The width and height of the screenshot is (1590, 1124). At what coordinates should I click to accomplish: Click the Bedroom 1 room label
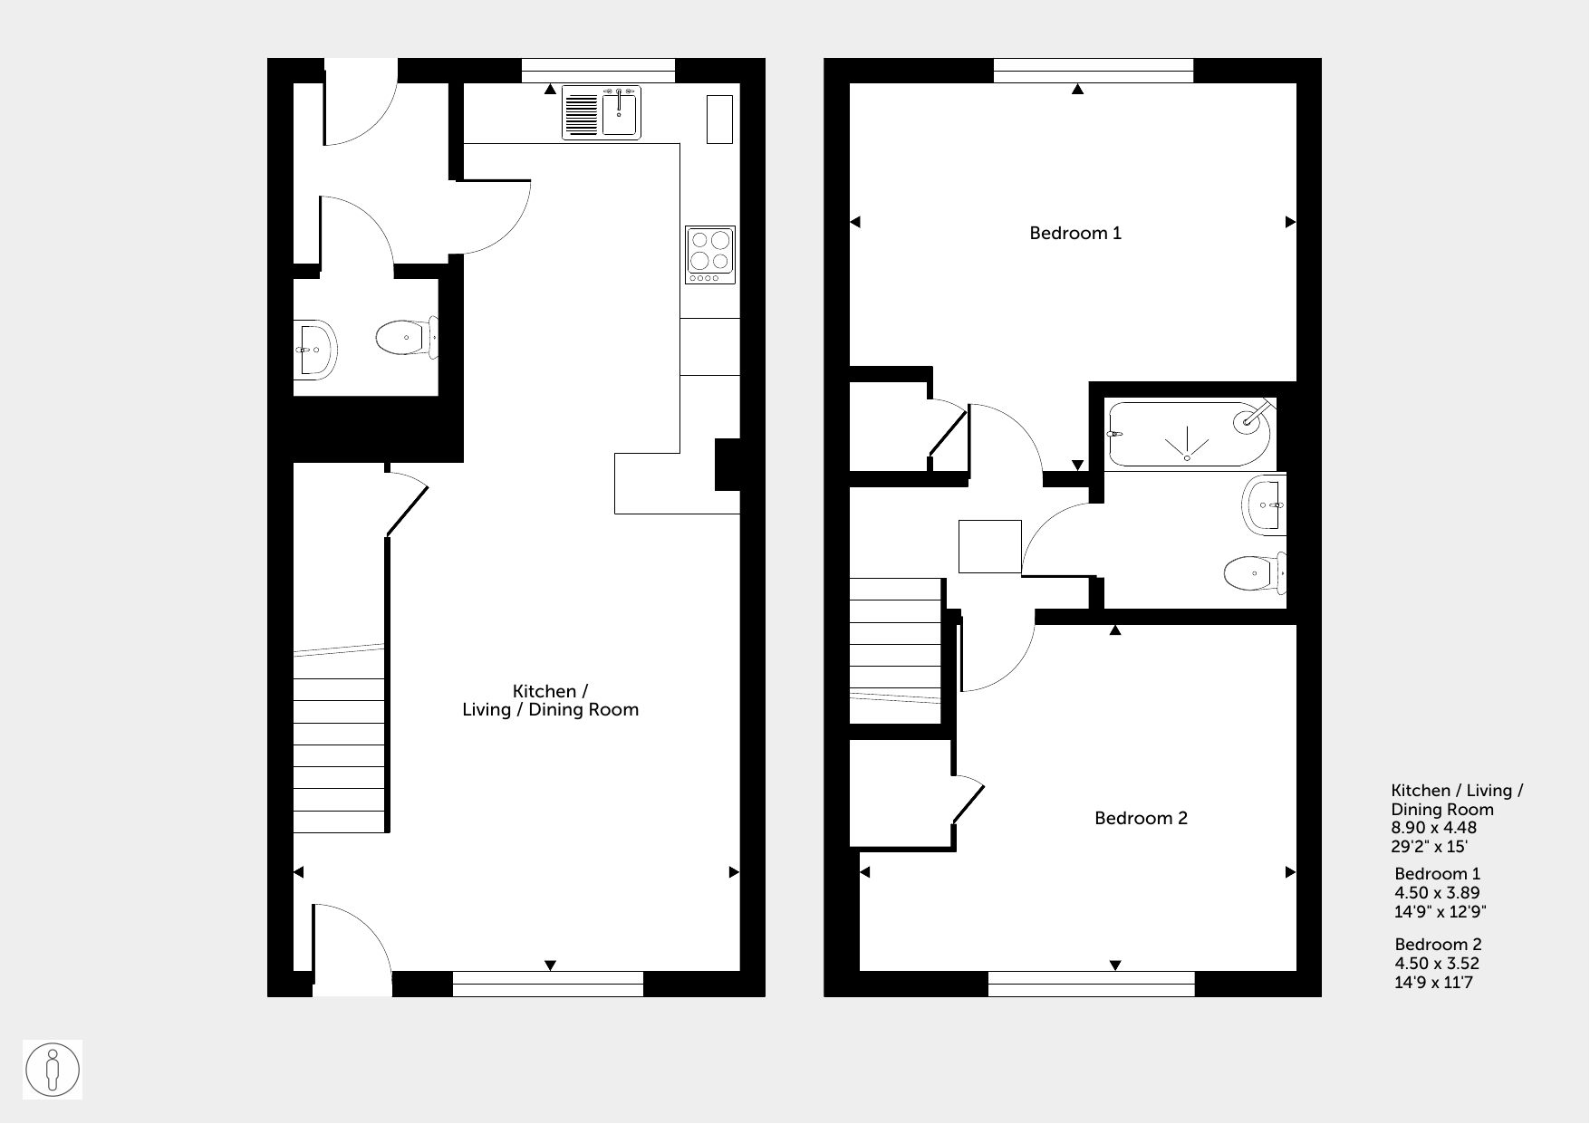[x=1075, y=234]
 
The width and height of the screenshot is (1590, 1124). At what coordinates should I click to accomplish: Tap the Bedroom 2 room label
[x=1141, y=819]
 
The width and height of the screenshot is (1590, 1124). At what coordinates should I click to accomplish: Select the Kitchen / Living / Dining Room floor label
[x=550, y=701]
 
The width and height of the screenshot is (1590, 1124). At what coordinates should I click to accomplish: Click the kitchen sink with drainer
[x=602, y=113]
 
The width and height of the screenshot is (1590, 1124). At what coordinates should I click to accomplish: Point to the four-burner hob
[x=710, y=255]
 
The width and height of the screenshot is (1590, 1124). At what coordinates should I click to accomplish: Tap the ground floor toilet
[x=407, y=339]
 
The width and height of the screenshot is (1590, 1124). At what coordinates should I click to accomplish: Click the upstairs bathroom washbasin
[x=1265, y=505]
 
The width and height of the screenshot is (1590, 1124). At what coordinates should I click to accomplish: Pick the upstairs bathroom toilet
[x=1255, y=572]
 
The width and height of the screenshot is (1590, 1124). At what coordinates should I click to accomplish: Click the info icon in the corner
[x=53, y=1070]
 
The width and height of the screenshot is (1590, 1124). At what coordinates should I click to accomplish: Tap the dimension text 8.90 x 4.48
[x=1434, y=828]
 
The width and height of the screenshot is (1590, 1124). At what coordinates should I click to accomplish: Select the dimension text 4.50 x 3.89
[x=1437, y=893]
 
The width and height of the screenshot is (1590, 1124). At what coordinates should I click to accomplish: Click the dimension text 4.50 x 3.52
[x=1437, y=964]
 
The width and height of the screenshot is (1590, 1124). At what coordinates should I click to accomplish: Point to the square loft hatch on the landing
[x=990, y=546]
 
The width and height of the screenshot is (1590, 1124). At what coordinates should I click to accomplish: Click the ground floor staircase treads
[x=339, y=755]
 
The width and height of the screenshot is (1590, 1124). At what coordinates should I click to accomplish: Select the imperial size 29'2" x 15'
[x=1430, y=847]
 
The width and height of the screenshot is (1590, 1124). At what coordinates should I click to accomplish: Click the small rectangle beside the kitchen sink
[x=719, y=119]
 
